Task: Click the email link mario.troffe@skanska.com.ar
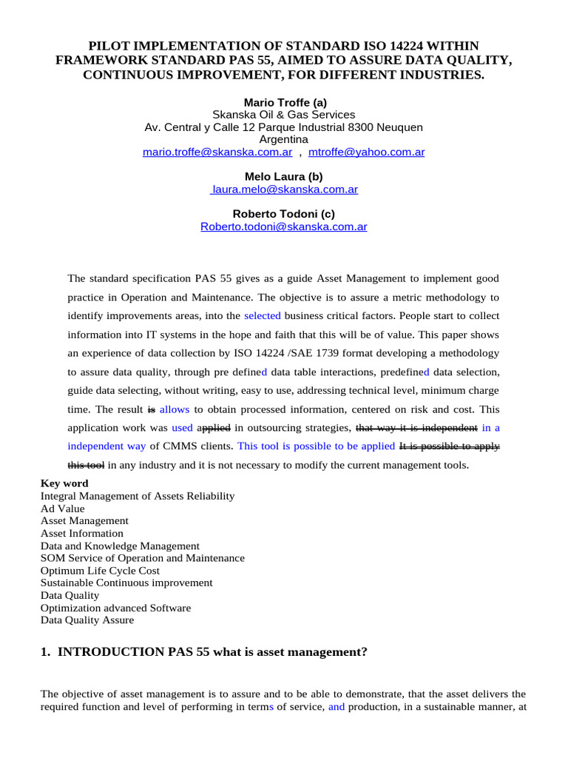click(x=217, y=152)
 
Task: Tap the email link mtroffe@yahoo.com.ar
click(x=366, y=152)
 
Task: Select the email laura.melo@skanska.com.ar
click(x=285, y=189)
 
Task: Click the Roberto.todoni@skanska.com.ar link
click(x=284, y=227)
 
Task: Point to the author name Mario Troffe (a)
click(x=284, y=102)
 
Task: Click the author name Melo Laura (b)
click(x=284, y=176)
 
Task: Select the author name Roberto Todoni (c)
click(x=284, y=214)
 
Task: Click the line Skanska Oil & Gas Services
click(x=284, y=115)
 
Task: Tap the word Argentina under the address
click(x=284, y=139)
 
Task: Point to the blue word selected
click(x=263, y=315)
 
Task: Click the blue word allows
click(x=175, y=409)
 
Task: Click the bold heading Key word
click(x=65, y=483)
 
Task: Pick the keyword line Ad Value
click(x=63, y=509)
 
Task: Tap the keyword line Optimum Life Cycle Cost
click(x=100, y=571)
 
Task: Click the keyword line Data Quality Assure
click(x=87, y=620)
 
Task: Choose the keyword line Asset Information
click(x=82, y=533)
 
